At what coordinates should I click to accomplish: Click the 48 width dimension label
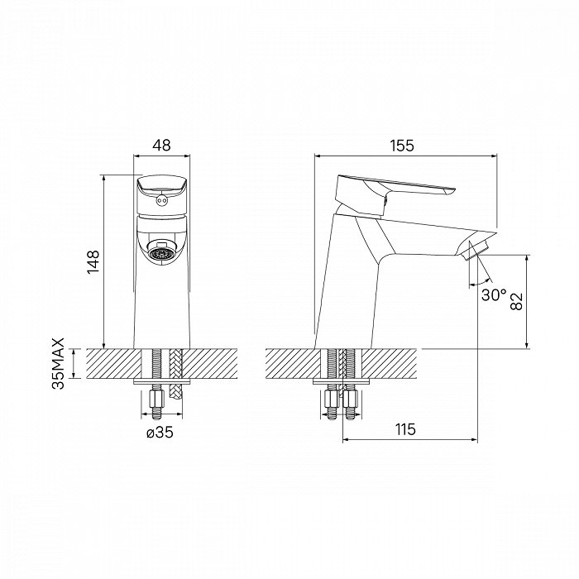162,145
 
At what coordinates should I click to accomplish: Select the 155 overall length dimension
403,146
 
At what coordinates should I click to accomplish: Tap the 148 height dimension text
93,262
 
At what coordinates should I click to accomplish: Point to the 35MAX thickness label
59,363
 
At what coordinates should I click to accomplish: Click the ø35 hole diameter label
160,432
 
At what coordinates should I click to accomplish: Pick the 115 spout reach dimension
405,429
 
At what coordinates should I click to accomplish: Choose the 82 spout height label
516,301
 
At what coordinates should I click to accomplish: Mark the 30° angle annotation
494,294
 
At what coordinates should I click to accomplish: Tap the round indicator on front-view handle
161,200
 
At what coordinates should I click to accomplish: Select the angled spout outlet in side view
476,250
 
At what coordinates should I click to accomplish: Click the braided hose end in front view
175,390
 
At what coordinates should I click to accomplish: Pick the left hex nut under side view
331,399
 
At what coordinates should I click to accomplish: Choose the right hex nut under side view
350,399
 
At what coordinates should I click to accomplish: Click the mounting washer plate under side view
341,382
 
